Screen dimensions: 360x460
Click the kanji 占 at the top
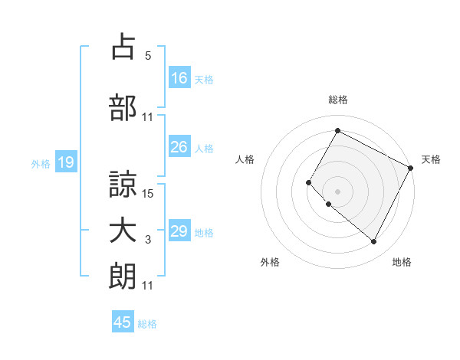click(x=123, y=47)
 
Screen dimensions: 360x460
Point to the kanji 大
click(x=123, y=231)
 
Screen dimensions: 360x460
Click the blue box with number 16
click(x=179, y=78)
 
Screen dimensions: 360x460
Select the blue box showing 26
click(x=179, y=148)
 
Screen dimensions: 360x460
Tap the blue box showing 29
click(x=179, y=231)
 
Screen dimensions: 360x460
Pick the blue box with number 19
click(x=65, y=162)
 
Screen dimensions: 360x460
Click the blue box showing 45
click(x=123, y=322)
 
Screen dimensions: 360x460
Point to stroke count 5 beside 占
click(x=148, y=56)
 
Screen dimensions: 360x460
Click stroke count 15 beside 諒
click(x=149, y=194)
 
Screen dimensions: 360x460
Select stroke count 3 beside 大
click(x=148, y=241)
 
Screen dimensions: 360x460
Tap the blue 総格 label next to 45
click(x=147, y=324)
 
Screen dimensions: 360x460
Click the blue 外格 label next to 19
click(x=41, y=163)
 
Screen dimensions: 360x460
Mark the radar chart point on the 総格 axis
click(x=337, y=131)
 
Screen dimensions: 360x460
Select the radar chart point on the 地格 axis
click(x=373, y=242)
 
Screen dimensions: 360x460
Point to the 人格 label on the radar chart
click(x=245, y=159)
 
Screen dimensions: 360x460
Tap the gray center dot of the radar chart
click(x=337, y=191)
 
